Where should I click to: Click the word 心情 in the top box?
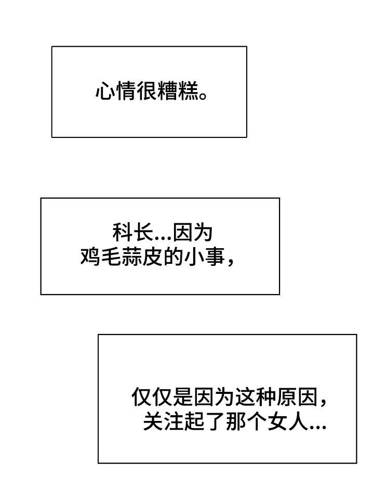116,92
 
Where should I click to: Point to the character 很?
147,92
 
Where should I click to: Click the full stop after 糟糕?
203,96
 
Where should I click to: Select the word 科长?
132,233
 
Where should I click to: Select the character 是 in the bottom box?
183,397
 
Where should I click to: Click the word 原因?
297,397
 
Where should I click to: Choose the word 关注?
163,421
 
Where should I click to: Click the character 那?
236,421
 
